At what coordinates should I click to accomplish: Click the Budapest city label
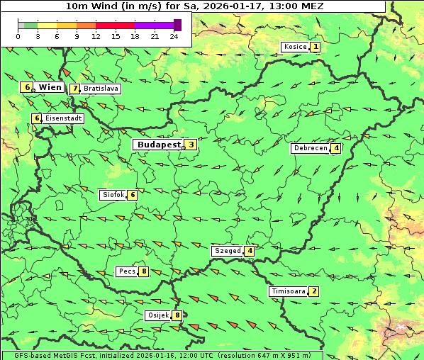159,145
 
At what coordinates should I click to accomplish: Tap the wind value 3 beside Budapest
191,145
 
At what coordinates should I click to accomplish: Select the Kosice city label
294,47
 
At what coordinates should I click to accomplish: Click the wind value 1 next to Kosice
316,47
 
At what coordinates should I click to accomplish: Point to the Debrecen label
310,149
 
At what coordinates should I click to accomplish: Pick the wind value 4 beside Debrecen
336,149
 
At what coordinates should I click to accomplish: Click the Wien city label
50,87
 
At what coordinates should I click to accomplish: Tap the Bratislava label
100,89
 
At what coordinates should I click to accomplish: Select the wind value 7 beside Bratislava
74,89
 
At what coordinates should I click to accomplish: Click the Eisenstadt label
62,118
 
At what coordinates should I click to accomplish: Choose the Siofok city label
113,194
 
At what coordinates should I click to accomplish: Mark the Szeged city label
227,251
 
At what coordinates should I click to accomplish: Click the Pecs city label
127,271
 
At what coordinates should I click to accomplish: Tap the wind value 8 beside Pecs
144,271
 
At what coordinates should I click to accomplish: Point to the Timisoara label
288,291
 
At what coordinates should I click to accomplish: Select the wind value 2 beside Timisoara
314,291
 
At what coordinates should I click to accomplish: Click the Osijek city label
157,315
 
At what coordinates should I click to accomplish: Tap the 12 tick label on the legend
96,36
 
